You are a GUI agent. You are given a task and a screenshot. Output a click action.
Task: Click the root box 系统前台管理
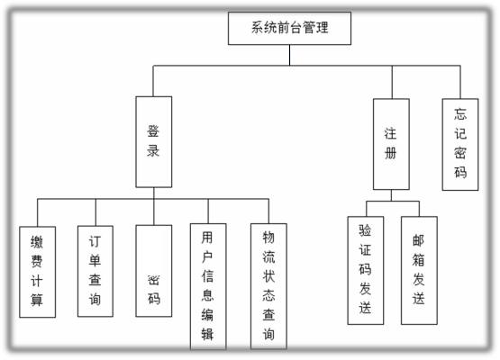[289, 29]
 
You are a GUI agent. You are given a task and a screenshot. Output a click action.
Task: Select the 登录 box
[154, 142]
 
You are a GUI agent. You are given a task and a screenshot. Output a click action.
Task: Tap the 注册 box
[391, 144]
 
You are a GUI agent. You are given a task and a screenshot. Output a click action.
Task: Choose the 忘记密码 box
[460, 144]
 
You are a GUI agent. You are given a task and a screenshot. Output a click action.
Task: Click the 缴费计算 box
[37, 272]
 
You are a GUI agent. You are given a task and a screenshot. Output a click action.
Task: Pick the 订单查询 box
[95, 271]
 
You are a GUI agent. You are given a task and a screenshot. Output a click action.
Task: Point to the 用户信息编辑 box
[208, 286]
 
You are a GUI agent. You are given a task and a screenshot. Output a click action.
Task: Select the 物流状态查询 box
[268, 286]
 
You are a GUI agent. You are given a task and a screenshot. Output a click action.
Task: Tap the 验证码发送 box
[366, 271]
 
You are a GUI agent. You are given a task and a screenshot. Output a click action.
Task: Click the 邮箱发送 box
[419, 271]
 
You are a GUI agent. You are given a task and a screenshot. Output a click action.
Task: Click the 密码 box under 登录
[154, 271]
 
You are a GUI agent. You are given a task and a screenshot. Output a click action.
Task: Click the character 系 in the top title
[258, 27]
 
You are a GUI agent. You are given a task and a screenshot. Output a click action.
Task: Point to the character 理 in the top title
[322, 27]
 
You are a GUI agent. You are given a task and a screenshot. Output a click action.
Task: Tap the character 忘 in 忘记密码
[460, 114]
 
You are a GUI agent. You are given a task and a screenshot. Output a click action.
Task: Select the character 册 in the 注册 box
[391, 153]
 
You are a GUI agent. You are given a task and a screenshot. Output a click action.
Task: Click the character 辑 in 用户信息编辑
[207, 334]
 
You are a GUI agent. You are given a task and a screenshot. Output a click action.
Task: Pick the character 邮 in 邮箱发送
[418, 240]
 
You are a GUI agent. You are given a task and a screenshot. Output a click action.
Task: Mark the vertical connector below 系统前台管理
[289, 55]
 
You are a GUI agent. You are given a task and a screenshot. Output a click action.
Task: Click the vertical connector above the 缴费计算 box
[37, 212]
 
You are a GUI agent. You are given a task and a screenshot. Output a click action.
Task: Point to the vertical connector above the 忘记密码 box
[460, 82]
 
